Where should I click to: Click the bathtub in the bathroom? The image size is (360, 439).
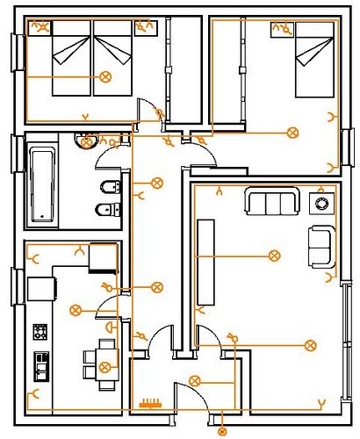click(42, 184)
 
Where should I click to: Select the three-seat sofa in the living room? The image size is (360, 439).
click(272, 203)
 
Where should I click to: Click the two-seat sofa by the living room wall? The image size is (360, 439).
click(321, 247)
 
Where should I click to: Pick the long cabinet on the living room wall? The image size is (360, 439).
click(206, 263)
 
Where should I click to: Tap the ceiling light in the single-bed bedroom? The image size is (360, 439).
click(292, 133)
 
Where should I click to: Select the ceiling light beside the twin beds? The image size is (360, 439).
click(107, 77)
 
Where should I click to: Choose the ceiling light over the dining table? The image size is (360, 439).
click(106, 366)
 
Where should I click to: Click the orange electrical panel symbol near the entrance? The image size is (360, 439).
click(151, 404)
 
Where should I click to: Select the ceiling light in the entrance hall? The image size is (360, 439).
click(194, 380)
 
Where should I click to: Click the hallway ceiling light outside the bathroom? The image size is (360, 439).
click(156, 183)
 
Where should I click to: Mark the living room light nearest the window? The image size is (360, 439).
click(309, 345)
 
